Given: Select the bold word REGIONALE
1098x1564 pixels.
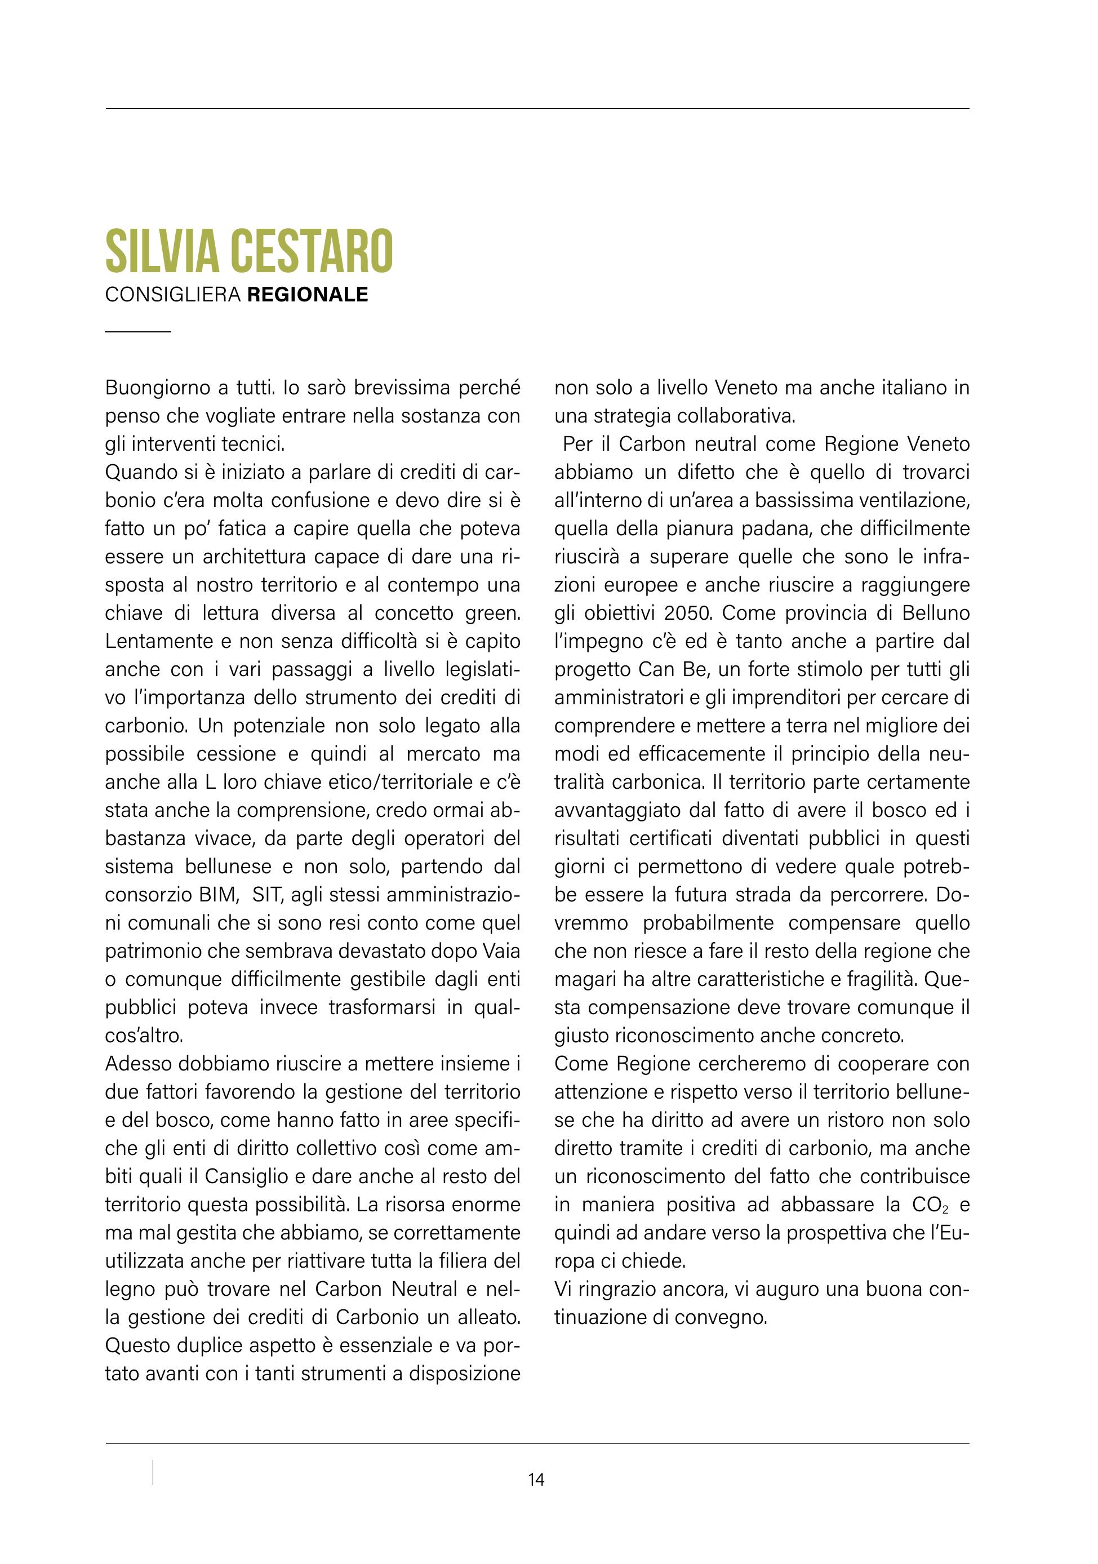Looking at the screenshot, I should (x=307, y=295).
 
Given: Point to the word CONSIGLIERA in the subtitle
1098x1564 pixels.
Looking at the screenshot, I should (x=173, y=295).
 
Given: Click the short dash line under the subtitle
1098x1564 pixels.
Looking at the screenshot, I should (x=137, y=332).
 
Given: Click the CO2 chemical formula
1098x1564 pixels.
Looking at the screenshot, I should (x=929, y=1205).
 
